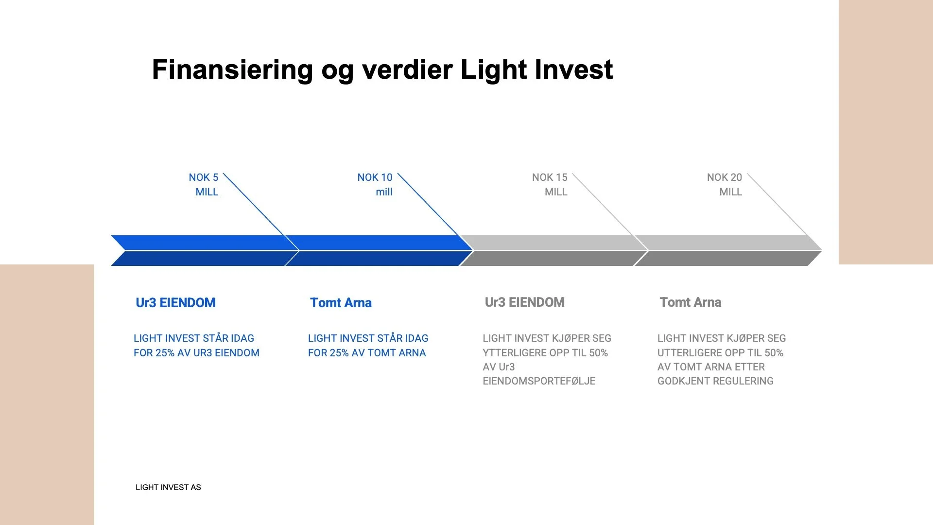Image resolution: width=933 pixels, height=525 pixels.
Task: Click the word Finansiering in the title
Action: [232, 70]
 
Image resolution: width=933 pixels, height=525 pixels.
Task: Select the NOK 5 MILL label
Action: [205, 185]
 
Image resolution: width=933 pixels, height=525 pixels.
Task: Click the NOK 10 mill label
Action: [376, 185]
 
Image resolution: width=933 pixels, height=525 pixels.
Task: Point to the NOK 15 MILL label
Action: [550, 185]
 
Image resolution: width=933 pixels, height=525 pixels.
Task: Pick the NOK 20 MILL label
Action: [725, 185]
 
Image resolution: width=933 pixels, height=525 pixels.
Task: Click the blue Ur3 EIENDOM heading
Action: [175, 303]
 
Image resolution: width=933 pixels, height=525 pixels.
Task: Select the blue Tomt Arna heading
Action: [341, 303]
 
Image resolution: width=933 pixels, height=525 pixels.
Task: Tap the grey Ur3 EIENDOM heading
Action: [525, 302]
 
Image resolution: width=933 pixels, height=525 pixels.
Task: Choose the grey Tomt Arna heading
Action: [691, 302]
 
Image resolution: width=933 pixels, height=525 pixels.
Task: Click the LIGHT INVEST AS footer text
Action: [168, 488]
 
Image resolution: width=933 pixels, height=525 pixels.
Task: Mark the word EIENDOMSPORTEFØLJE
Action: [539, 381]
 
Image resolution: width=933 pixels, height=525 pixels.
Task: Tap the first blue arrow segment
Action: [199, 250]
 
